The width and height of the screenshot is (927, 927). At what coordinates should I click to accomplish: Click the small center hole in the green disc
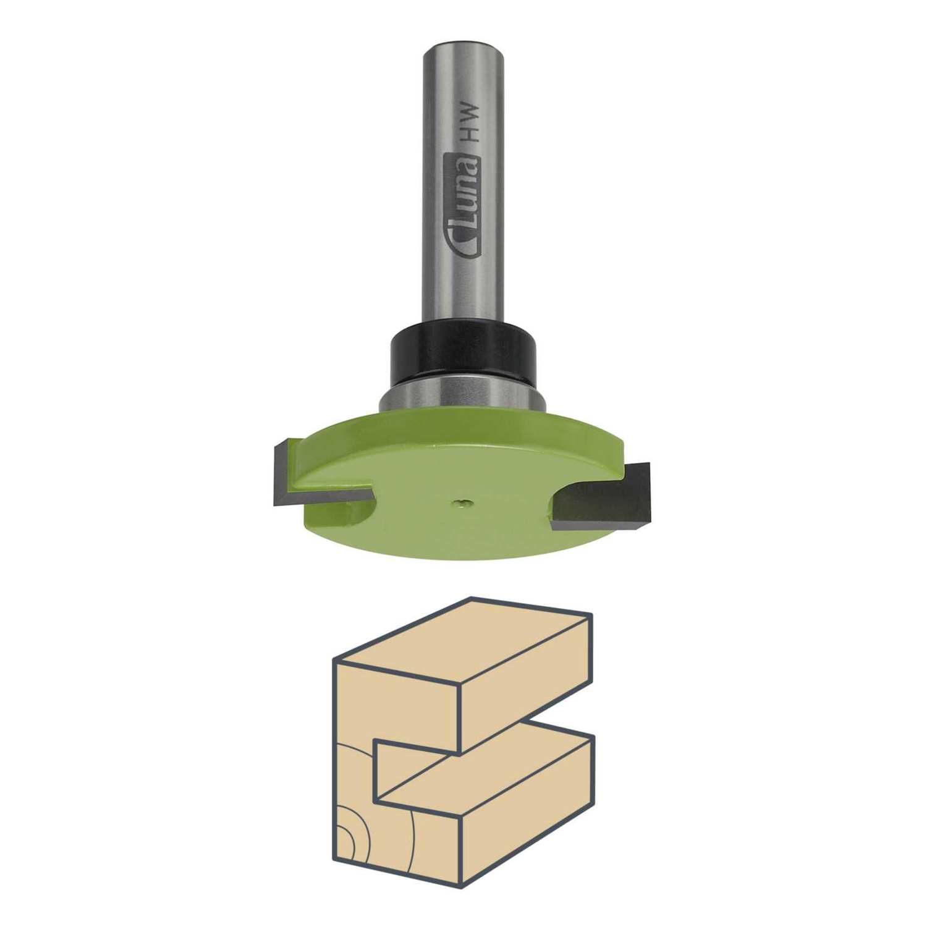pos(462,504)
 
